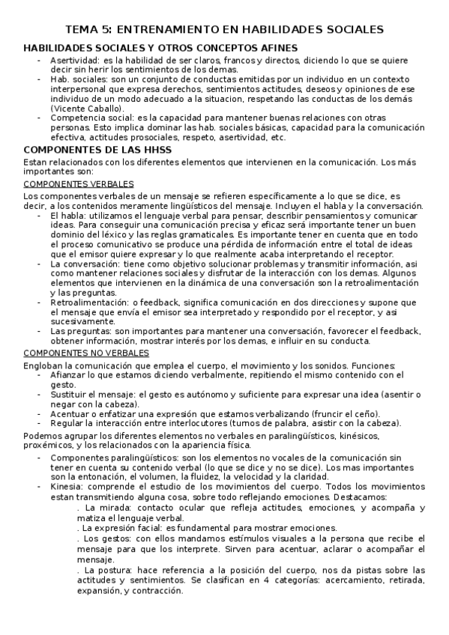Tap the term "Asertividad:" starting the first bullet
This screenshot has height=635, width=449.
point(74,60)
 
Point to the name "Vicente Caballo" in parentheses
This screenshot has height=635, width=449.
point(83,109)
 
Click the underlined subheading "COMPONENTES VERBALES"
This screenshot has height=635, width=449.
point(79,183)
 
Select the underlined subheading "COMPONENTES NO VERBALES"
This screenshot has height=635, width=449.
point(87,352)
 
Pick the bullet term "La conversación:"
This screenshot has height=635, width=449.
point(82,264)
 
